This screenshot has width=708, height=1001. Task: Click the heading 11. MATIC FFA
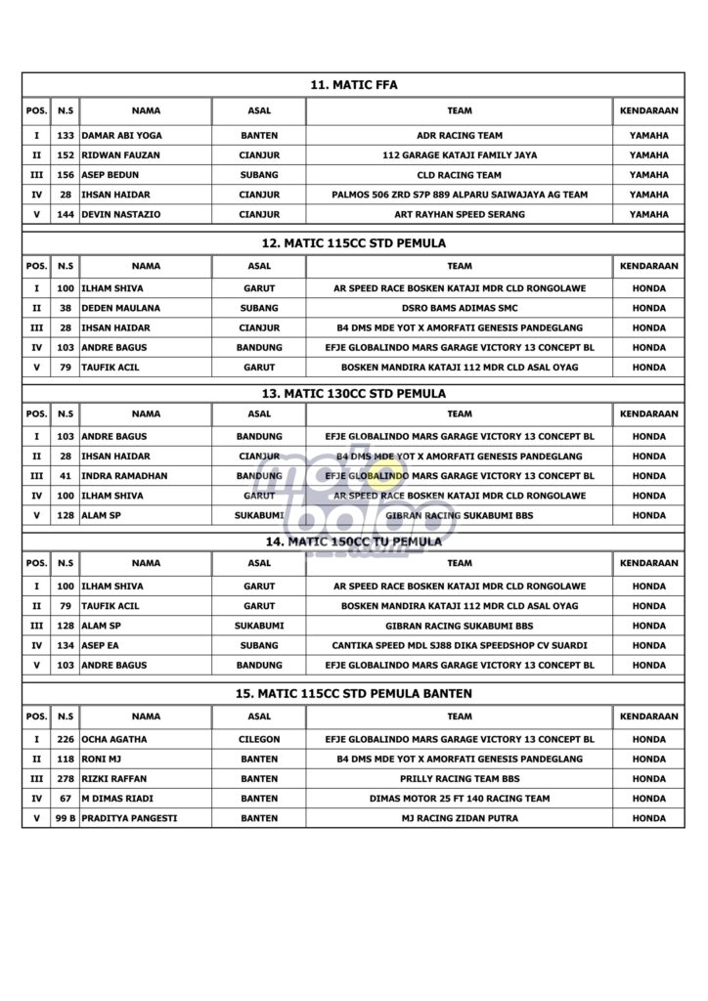(x=353, y=86)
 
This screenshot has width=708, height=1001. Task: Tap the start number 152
(x=66, y=155)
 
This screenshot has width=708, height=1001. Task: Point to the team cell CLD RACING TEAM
(x=459, y=175)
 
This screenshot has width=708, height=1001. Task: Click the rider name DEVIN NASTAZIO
(x=121, y=214)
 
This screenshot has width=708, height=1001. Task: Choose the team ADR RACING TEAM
(x=459, y=136)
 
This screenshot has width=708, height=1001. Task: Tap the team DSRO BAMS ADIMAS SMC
(x=459, y=308)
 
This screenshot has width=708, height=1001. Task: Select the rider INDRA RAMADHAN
(x=125, y=476)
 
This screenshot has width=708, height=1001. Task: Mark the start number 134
(x=66, y=645)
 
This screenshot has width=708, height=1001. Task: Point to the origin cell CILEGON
(x=259, y=740)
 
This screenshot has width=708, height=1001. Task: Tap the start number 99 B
(x=66, y=818)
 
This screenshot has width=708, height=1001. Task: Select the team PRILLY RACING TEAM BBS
(x=459, y=779)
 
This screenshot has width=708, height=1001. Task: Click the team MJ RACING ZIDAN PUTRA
(x=459, y=818)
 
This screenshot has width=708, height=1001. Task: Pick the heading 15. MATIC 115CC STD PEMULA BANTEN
(x=353, y=693)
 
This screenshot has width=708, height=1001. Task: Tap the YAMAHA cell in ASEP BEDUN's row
(x=648, y=175)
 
